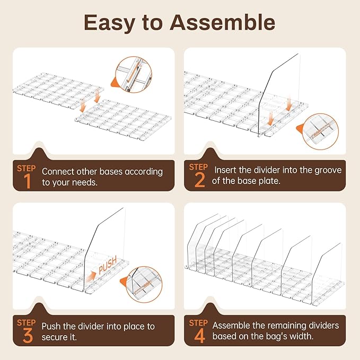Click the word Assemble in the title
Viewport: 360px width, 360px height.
[222, 22]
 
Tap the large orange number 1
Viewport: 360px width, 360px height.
[28, 181]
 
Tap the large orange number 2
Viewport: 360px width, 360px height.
[199, 180]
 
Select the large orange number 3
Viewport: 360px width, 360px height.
[28, 336]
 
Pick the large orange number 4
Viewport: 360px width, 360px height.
[200, 336]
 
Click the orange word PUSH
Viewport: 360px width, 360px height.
[108, 265]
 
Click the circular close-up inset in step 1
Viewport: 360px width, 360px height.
[134, 75]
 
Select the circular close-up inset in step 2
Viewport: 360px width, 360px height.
[320, 131]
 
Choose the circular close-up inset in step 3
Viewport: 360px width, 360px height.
[144, 284]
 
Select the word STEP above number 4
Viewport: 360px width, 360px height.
[198, 323]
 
